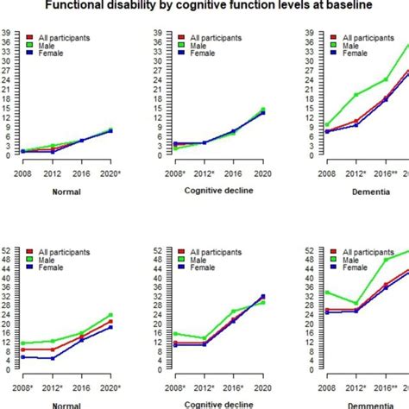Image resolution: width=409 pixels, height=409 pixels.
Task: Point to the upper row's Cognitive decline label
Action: tap(204, 192)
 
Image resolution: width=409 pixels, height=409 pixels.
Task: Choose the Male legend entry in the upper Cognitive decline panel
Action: tap(185, 46)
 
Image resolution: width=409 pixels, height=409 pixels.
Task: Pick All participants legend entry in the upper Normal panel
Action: tap(66, 39)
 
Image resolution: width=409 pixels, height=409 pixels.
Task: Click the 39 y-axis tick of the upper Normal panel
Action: tap(7, 35)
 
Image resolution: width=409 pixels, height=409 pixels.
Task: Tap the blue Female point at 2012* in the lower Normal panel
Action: tap(53, 358)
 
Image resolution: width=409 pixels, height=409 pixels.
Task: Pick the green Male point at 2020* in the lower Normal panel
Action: tap(110, 315)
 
